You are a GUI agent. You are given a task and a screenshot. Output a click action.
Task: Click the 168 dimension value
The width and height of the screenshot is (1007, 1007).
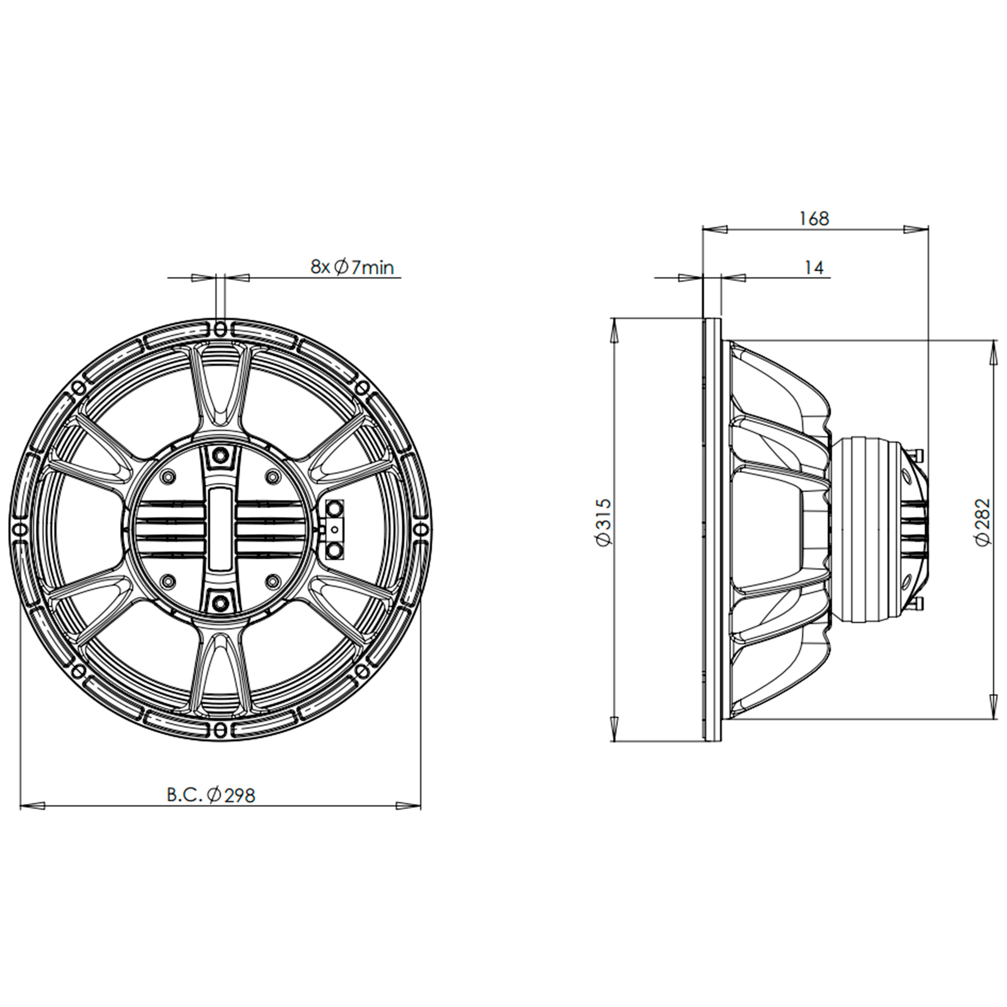pyautogui.click(x=814, y=219)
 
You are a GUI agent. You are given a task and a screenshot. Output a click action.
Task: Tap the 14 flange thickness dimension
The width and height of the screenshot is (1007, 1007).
pyautogui.click(x=814, y=268)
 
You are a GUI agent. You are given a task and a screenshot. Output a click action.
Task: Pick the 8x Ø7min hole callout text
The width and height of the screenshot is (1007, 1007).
pyautogui.click(x=352, y=268)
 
